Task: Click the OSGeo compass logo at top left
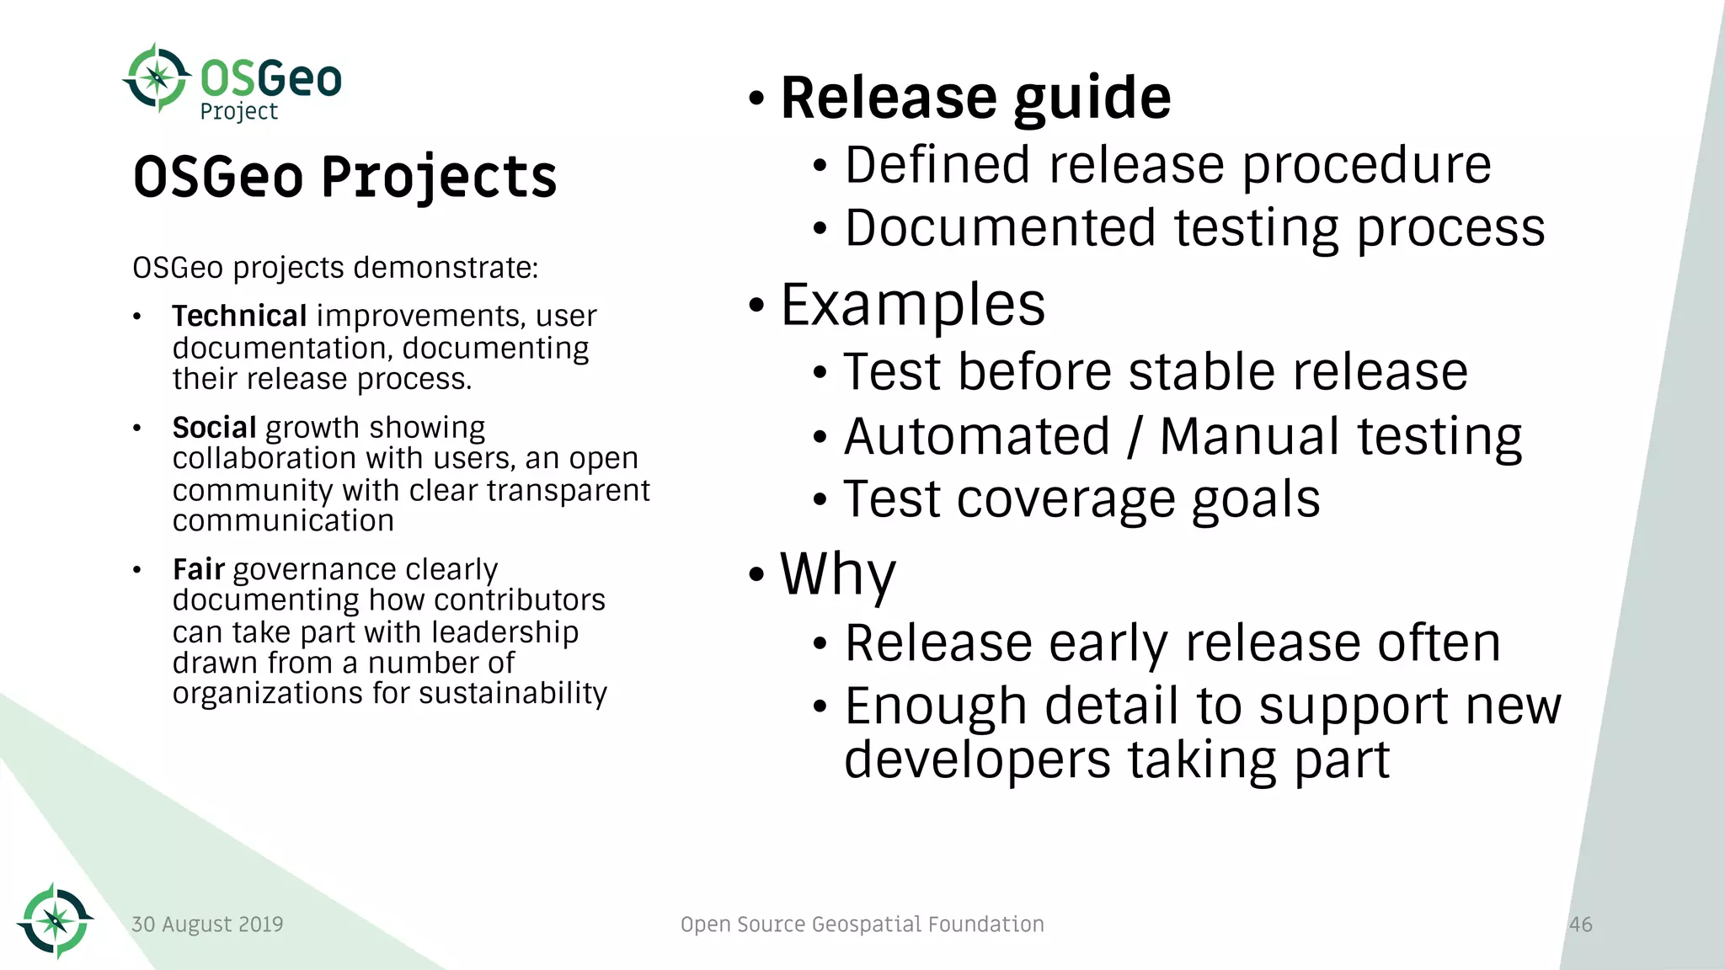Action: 157,78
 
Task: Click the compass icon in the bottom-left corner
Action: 55,920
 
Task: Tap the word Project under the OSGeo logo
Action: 238,111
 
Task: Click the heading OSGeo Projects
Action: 344,177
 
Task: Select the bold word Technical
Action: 239,316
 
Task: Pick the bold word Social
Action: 214,428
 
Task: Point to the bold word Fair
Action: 198,570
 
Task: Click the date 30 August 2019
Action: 207,925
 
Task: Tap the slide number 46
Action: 1580,925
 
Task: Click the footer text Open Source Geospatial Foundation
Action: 862,925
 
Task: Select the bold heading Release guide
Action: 975,98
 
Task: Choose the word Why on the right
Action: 837,574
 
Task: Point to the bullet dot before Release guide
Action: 756,99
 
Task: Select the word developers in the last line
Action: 977,760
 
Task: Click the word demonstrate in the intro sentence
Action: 446,269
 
